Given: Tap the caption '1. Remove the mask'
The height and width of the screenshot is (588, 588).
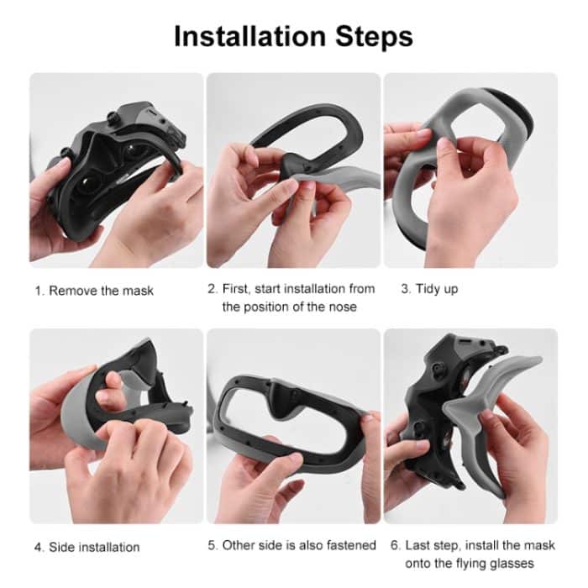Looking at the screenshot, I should click(x=94, y=291).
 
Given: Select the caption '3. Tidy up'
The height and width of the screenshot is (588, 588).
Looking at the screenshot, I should click(x=428, y=289).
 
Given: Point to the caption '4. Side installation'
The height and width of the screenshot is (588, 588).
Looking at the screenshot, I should click(x=87, y=547).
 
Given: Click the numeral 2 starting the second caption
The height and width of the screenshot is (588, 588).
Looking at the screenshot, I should click(x=212, y=289).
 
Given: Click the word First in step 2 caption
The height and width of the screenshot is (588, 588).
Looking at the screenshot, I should click(x=237, y=289).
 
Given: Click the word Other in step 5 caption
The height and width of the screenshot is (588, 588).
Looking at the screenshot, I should click(x=239, y=545).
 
